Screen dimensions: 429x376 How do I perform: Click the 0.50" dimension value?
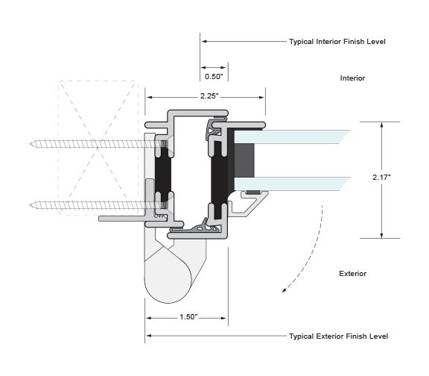point(214,77)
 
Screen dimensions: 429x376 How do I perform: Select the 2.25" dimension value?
point(209,96)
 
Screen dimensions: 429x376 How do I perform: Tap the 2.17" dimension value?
point(381,177)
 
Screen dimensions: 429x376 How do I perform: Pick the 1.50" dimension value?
point(188,317)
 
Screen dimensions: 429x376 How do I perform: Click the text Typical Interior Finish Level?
point(337,42)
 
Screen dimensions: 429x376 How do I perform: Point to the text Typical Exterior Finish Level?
point(338,336)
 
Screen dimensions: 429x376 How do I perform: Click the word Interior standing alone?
point(352,78)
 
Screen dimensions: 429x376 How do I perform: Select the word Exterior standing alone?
point(352,274)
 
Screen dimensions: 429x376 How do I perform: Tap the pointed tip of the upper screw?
point(30,144)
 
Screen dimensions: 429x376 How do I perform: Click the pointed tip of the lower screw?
point(30,204)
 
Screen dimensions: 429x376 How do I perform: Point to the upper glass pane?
point(291,137)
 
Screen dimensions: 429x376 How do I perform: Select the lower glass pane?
point(291,184)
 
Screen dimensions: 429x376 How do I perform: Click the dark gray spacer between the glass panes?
point(244,160)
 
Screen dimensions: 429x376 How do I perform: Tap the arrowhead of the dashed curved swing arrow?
point(284,290)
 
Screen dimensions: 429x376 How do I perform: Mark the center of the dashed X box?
point(98,148)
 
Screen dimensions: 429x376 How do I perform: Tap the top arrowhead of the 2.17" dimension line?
point(381,125)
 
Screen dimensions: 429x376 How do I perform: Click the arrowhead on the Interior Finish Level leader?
point(204,41)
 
